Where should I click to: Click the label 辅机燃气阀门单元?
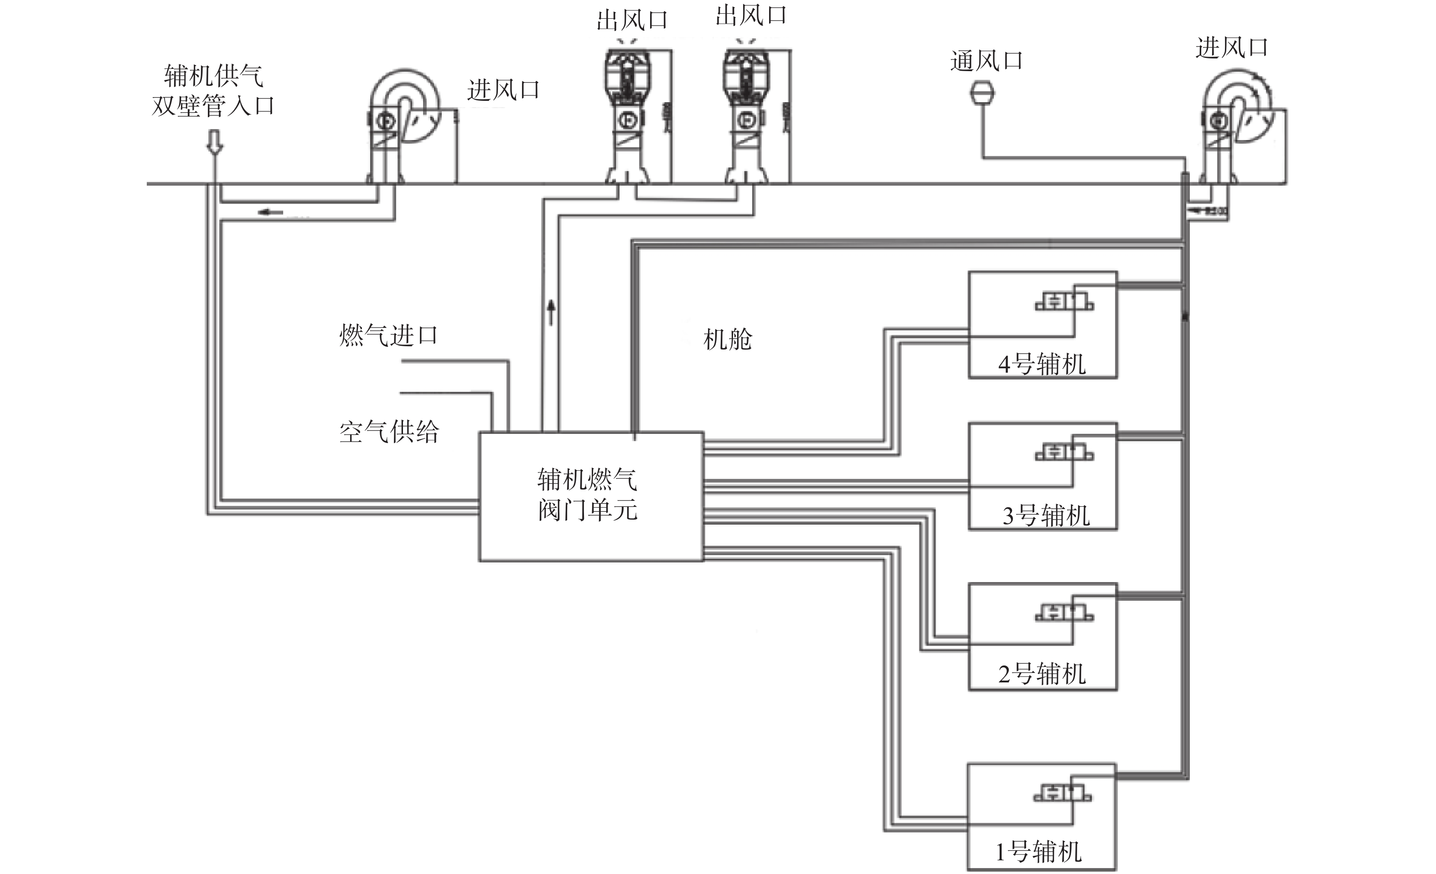pos(587,495)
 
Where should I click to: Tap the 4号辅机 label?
pos(1042,364)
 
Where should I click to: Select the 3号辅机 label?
pos(1045,516)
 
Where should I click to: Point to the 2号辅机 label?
pos(1042,675)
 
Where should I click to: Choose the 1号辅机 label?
pos(1038,853)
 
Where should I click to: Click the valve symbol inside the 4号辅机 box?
pos(1064,302)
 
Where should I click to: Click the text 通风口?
pos(986,61)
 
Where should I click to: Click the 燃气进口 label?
pos(388,336)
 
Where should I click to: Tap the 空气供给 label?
pos(389,432)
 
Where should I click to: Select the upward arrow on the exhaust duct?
pos(551,312)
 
